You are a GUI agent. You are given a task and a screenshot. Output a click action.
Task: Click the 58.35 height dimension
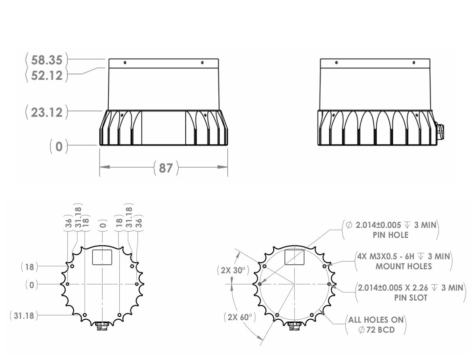(46, 60)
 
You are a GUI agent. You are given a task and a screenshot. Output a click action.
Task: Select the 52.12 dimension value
(46, 75)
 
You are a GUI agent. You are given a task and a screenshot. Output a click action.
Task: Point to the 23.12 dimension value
(46, 112)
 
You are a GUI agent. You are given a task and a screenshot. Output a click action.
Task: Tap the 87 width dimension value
(166, 168)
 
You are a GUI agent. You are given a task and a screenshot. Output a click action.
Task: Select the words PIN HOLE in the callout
(390, 235)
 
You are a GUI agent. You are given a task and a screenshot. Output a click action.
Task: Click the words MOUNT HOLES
(404, 266)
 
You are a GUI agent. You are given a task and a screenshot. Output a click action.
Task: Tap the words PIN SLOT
(411, 298)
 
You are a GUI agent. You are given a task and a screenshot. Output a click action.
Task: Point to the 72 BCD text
(380, 330)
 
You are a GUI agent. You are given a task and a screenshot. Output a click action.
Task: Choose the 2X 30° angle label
(233, 270)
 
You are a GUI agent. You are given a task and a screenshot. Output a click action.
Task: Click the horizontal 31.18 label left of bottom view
(24, 316)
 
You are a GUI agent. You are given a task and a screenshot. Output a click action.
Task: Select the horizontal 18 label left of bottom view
(30, 267)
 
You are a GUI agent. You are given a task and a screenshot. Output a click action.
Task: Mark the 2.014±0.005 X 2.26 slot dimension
(393, 288)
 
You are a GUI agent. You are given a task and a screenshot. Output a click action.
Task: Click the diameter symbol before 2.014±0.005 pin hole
(349, 225)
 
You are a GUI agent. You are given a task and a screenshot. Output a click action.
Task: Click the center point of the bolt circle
(294, 284)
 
